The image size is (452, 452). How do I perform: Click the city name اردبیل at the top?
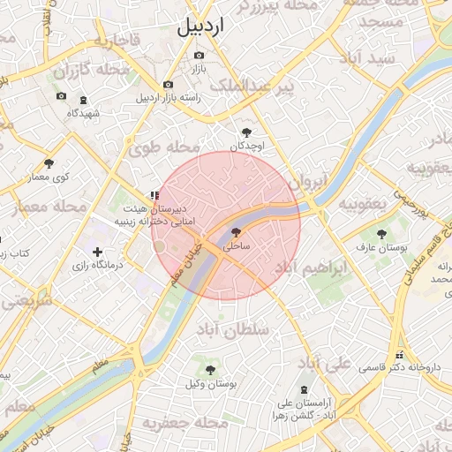click(201, 26)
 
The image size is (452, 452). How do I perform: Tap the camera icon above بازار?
click(199, 55)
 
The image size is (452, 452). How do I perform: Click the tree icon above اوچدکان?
click(246, 132)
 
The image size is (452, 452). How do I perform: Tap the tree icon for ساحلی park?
click(236, 232)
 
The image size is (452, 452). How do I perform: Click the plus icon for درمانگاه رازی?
click(97, 252)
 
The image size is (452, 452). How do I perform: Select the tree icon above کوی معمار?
click(49, 163)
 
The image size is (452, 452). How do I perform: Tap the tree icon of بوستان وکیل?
click(210, 369)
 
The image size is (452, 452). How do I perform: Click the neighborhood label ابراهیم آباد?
click(316, 269)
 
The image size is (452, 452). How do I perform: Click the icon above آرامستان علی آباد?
click(305, 389)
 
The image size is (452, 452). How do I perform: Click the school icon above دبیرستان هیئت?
click(154, 195)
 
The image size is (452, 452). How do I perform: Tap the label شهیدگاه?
click(86, 113)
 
